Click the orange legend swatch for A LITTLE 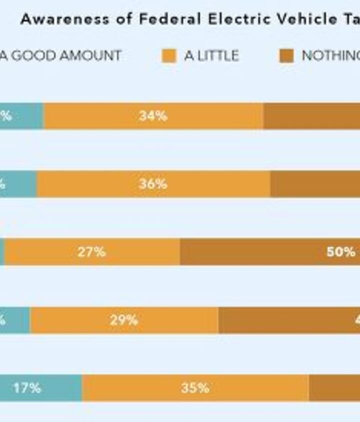(x=169, y=55)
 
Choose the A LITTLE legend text (x=211, y=55)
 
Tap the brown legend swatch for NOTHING (x=286, y=55)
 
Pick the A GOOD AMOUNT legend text (x=60, y=55)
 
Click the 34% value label (x=153, y=116)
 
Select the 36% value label (x=153, y=184)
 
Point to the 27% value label (x=91, y=252)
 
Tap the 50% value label (x=340, y=252)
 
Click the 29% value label (x=123, y=320)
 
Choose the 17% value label (x=27, y=388)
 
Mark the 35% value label (x=195, y=388)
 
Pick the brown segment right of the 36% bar (x=315, y=184)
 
